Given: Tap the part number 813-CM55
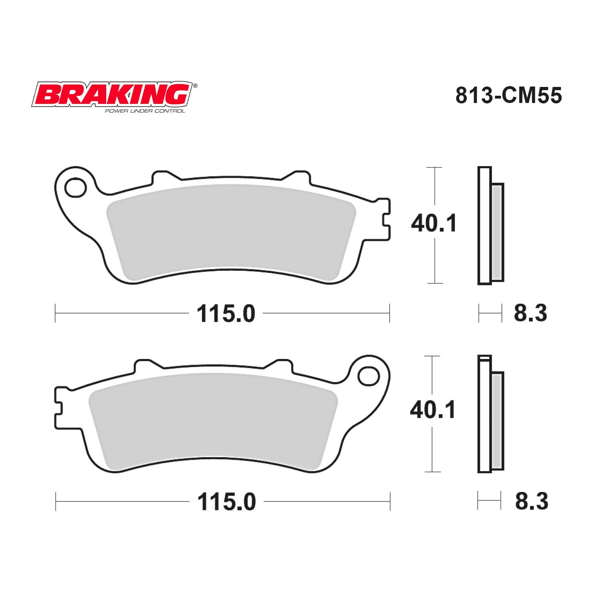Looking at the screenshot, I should tap(508, 96).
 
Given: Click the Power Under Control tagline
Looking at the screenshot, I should tap(145, 111).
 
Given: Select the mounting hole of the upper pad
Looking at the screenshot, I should tap(76, 188).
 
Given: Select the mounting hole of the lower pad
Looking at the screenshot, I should tap(369, 376).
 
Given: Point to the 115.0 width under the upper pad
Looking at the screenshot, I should tap(226, 313).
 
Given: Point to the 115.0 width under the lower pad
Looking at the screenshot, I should tap(226, 501).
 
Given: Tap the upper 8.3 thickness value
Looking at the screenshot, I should tap(530, 313).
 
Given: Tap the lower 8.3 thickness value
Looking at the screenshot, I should tap(531, 501).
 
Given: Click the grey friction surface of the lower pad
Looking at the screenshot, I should tap(212, 421).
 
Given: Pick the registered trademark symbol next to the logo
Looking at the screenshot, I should tap(195, 86).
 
